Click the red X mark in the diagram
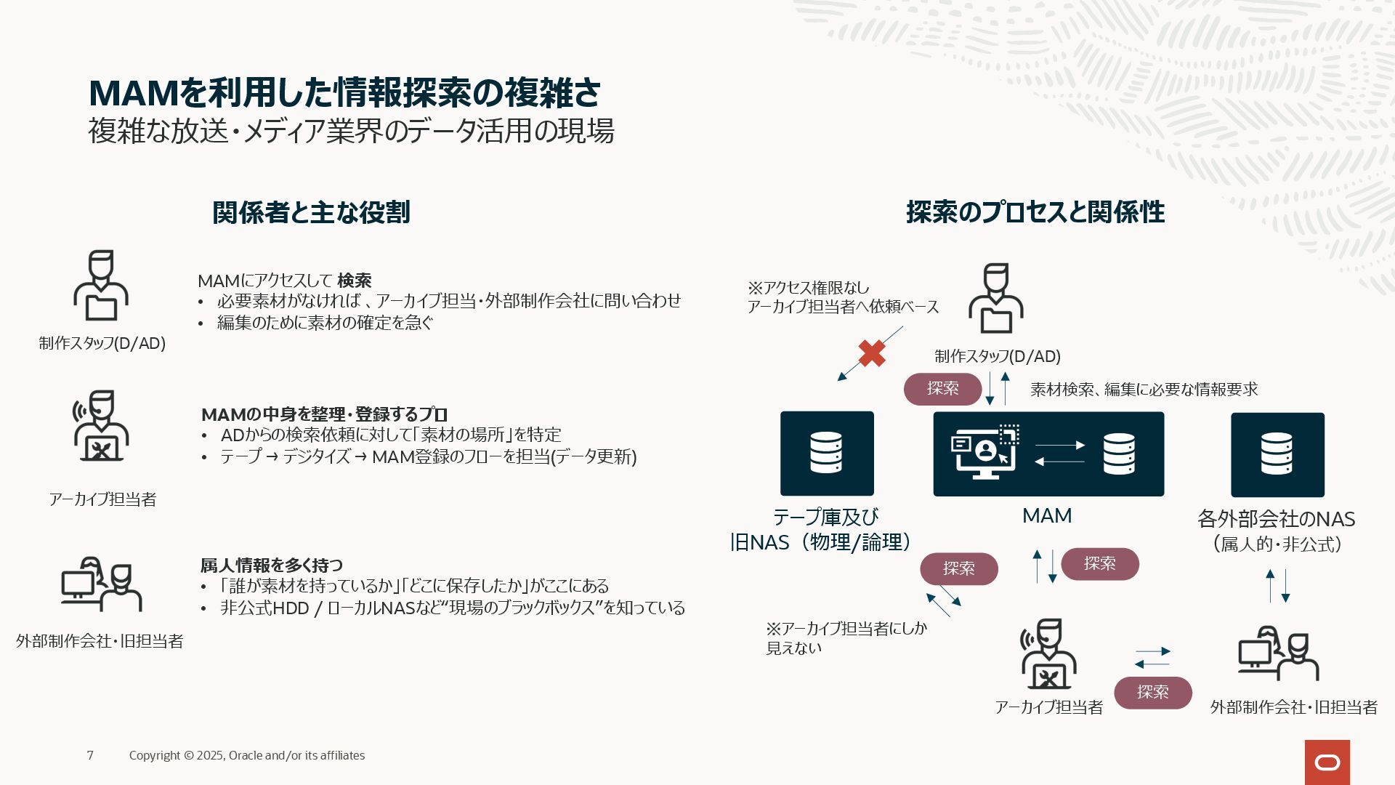pos(872,353)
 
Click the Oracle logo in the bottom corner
pos(1327,762)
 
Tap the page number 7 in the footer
pos(90,755)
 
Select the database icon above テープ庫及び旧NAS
pos(827,453)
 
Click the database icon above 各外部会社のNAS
pos(1277,454)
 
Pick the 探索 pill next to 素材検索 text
pos(942,389)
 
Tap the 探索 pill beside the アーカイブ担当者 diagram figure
pos(1152,692)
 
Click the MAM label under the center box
pos(1047,515)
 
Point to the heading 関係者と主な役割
pos(311,212)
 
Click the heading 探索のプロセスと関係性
pos(1035,212)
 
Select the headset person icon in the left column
pos(101,426)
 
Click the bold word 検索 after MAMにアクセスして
pos(355,281)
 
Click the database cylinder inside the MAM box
pos(1119,454)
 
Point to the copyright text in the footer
pos(247,755)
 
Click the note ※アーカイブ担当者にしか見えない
pos(846,637)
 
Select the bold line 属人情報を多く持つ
pos(272,565)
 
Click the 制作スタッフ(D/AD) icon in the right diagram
pos(995,299)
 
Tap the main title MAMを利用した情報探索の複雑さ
pos(344,93)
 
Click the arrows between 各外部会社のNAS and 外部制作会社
pos(1277,585)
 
